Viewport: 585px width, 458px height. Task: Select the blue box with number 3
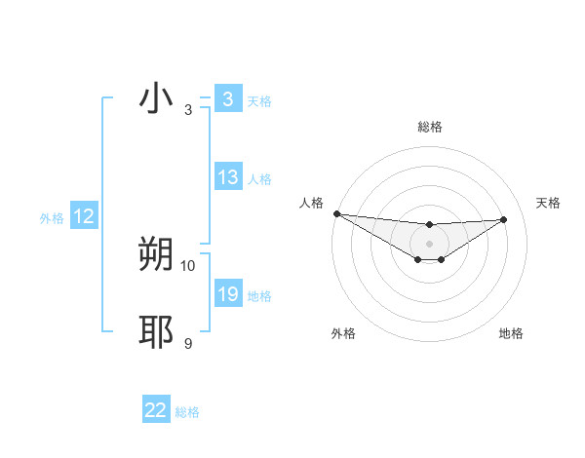227,98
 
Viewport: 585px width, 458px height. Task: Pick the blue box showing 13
228,177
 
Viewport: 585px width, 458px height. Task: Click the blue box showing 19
228,294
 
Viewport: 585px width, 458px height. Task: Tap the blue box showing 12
84,217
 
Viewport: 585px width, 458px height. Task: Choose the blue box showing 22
156,410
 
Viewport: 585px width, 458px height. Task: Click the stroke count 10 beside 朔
188,265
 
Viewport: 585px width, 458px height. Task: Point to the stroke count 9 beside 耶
188,343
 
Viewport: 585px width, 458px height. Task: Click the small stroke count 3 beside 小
188,110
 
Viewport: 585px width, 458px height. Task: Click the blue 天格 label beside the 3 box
259,100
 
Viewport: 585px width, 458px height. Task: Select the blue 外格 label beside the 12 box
52,218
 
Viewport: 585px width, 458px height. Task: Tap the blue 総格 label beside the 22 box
187,412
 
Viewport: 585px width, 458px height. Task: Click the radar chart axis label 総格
429,127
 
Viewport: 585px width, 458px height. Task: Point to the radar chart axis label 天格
549,203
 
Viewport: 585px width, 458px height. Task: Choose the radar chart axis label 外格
343,333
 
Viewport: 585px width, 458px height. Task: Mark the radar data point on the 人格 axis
336,213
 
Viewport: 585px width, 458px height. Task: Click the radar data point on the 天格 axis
503,219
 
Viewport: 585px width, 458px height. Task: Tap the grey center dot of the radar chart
429,244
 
